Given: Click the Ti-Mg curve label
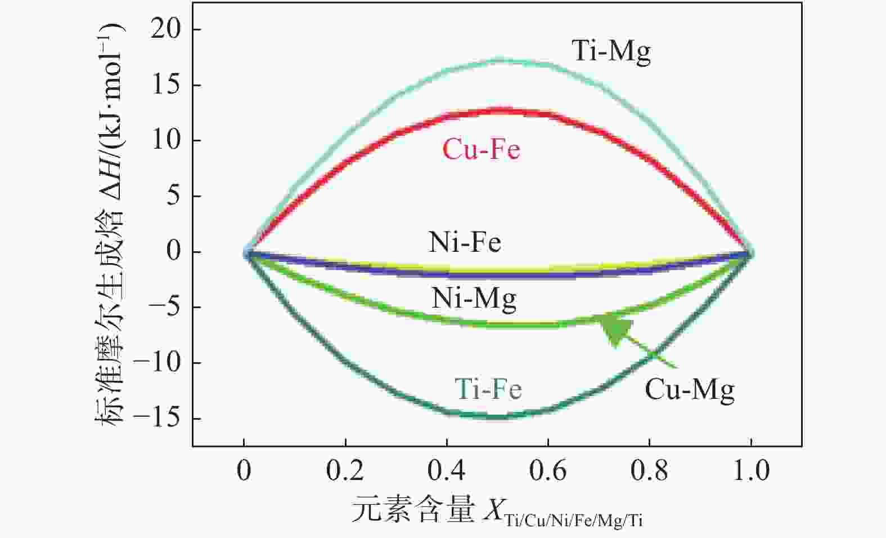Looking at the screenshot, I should click(611, 51).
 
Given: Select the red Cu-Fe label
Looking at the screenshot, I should click(481, 150).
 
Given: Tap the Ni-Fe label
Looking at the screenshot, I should click(465, 242).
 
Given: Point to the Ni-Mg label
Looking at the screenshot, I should click(474, 298).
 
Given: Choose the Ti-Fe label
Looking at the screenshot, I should click(488, 389).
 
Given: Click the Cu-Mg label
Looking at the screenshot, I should click(689, 389).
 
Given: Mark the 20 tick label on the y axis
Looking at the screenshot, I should click(167, 29).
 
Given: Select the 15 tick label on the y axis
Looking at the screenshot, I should click(167, 85).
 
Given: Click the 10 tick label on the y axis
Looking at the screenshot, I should click(167, 140).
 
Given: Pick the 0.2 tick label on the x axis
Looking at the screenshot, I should click(345, 470).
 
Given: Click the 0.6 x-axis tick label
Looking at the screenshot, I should click(548, 470).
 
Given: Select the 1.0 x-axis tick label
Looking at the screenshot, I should click(751, 470).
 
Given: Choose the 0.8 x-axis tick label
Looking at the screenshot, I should click(649, 470).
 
